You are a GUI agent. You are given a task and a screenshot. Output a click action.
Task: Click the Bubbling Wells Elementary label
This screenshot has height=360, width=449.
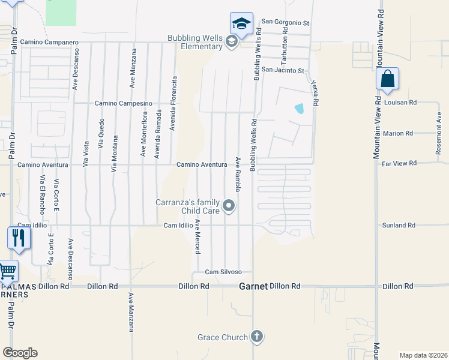tap(195, 42)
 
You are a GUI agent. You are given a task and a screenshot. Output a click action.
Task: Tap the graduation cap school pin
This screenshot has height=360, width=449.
tap(241, 24)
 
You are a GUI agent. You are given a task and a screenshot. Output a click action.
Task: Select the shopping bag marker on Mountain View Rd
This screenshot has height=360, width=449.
tap(387, 79)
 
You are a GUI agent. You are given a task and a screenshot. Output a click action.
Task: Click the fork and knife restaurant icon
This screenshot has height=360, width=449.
tap(18, 238)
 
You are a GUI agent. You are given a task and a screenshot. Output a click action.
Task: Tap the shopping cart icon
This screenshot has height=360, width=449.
tap(7, 271)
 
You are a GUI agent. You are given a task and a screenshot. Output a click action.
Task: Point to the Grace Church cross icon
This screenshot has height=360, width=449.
tap(256, 337)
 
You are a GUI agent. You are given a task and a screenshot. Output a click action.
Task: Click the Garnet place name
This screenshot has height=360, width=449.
tap(253, 287)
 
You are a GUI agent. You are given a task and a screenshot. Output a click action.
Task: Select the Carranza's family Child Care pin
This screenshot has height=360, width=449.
tap(229, 206)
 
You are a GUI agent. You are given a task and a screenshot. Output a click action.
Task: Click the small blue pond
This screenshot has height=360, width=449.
tap(299, 109)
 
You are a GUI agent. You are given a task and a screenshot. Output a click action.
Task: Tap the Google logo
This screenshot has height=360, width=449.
tap(20, 353)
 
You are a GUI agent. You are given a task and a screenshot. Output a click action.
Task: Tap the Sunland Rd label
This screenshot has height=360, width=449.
tap(399, 226)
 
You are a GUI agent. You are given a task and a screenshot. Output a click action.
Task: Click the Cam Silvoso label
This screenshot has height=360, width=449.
tap(223, 272)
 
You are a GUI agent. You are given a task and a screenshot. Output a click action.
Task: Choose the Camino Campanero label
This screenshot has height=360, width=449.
tap(49, 43)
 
